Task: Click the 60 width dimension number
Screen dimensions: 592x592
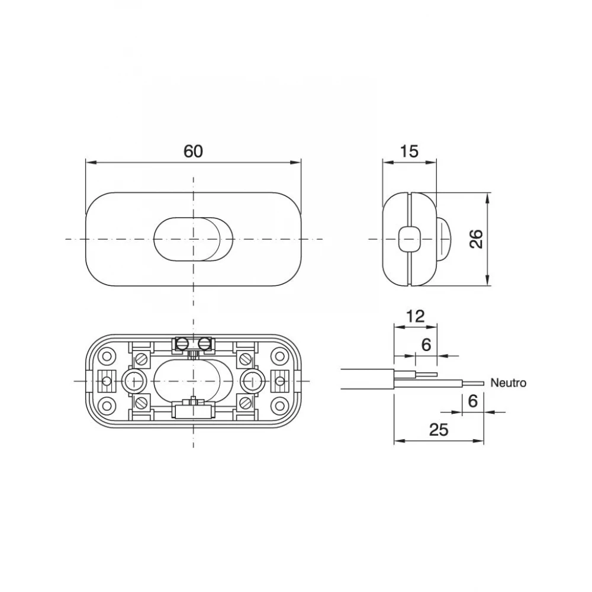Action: click(194, 152)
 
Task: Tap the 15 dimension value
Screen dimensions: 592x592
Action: click(409, 152)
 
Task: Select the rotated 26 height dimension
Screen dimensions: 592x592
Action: click(477, 239)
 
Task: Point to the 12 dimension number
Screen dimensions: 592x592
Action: click(416, 316)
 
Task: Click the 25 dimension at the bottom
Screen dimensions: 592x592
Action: click(439, 430)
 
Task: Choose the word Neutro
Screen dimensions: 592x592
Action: click(508, 383)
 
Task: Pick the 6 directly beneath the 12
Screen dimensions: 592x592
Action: click(426, 345)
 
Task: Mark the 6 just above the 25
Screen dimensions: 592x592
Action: click(473, 401)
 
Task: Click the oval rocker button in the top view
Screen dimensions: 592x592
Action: click(194, 239)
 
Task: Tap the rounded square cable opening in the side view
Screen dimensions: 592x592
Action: click(409, 239)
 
